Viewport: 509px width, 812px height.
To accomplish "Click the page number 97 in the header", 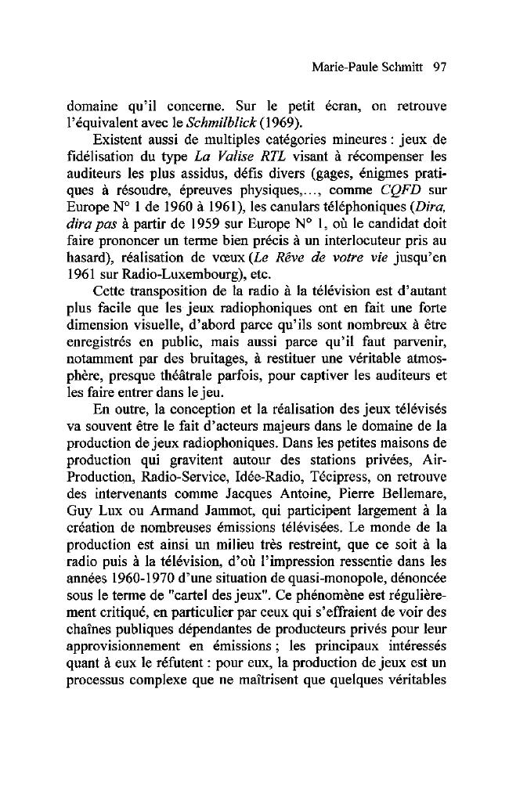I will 439,68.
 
